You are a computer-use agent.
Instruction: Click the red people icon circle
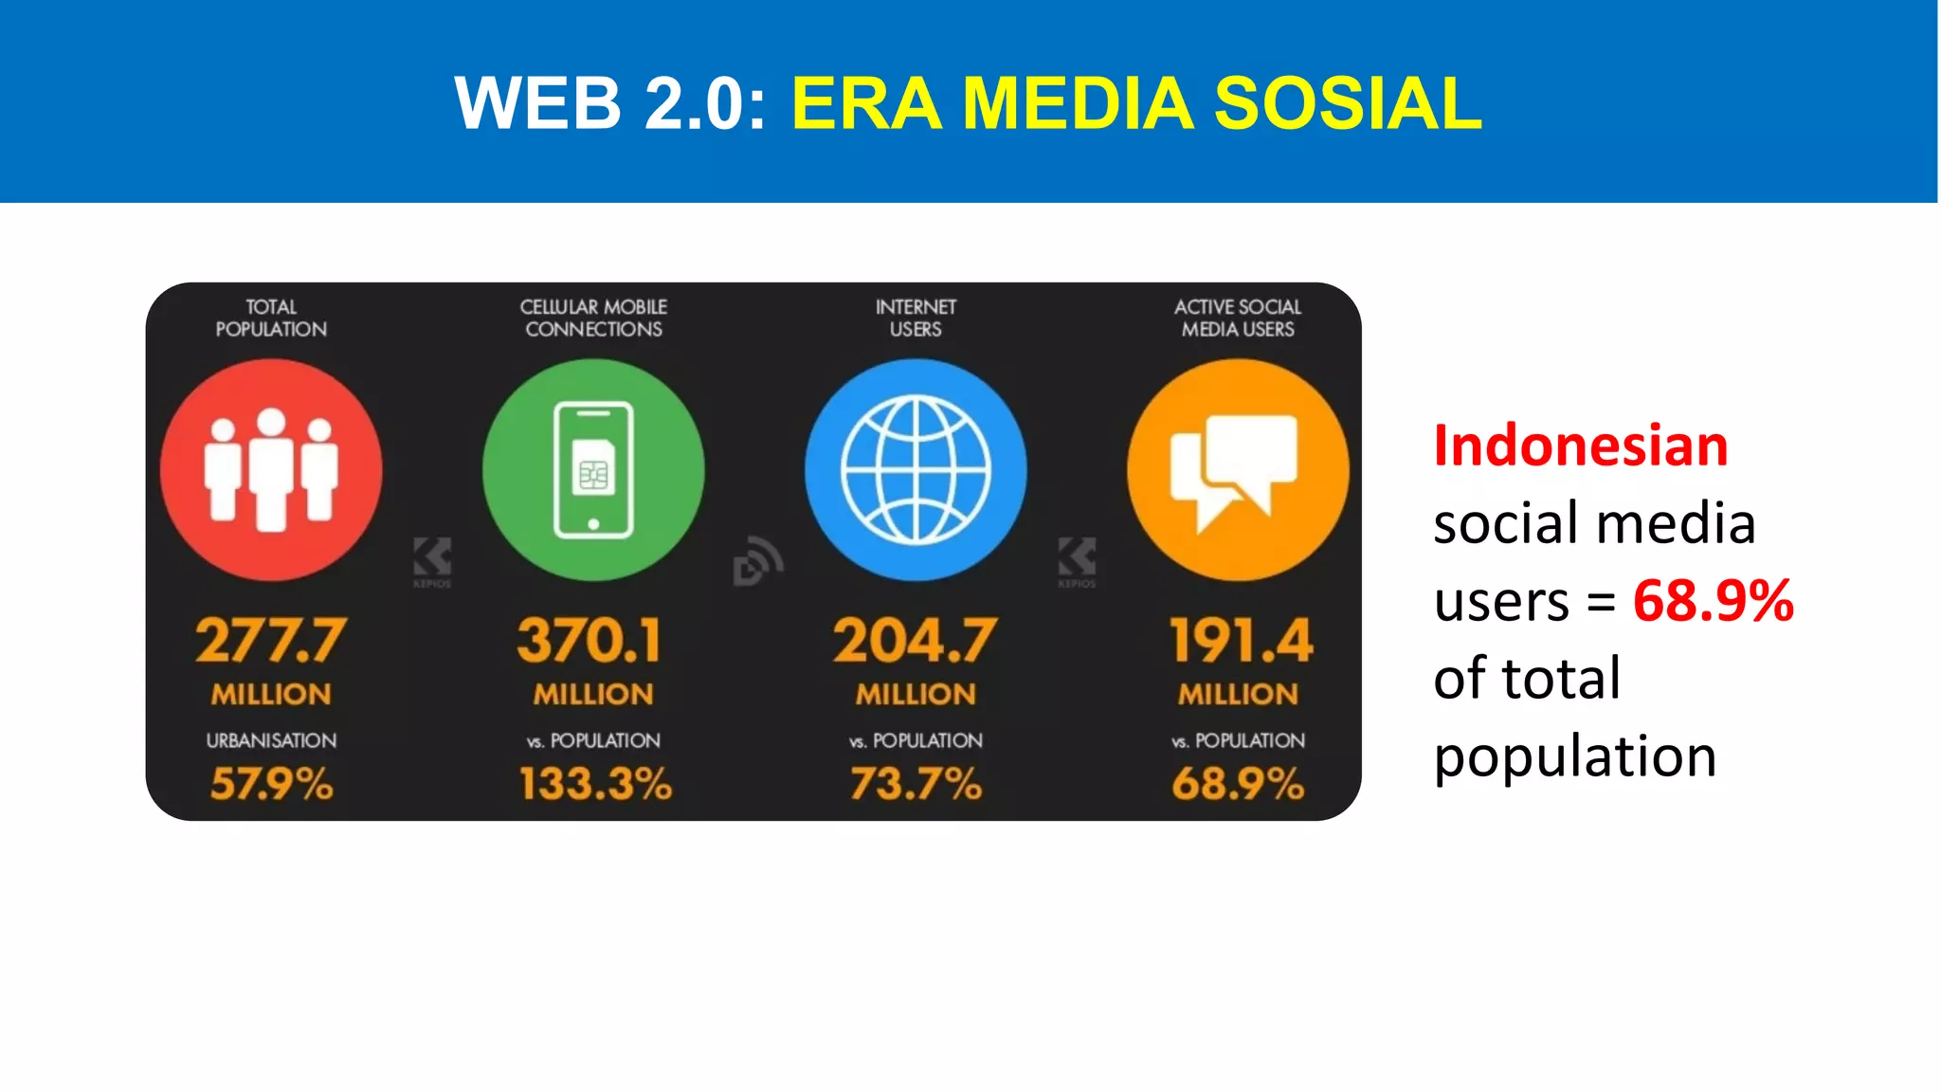[271, 470]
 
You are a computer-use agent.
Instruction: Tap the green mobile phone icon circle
[593, 470]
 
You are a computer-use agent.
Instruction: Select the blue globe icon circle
[916, 470]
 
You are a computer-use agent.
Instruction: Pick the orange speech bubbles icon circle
[1238, 470]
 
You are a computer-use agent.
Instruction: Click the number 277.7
[271, 641]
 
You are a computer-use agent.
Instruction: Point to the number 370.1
[590, 641]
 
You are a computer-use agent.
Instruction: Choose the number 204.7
[916, 641]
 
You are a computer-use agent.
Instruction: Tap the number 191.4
[1241, 641]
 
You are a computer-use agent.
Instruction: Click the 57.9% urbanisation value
[272, 784]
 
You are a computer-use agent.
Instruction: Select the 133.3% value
[595, 784]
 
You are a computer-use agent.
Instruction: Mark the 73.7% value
[916, 784]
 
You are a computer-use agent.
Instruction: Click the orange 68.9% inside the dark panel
[1238, 784]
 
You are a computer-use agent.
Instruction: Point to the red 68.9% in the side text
[1713, 600]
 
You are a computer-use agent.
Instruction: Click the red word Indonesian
[1581, 446]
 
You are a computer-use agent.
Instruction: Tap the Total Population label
[271, 318]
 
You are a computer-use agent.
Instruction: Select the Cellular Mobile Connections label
[593, 318]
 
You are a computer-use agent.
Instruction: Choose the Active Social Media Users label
[1238, 318]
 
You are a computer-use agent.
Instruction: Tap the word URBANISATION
[271, 740]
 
